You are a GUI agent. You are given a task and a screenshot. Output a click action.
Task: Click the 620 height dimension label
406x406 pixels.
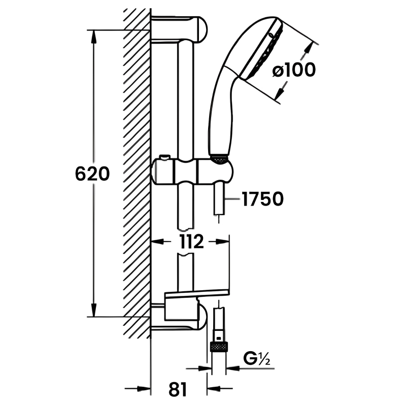(x=92, y=174)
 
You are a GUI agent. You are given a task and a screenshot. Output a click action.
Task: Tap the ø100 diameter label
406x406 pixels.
(x=293, y=71)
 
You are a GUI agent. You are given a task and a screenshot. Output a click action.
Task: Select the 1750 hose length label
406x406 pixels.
(x=262, y=199)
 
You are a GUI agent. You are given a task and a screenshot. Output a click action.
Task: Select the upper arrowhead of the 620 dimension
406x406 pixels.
(x=93, y=37)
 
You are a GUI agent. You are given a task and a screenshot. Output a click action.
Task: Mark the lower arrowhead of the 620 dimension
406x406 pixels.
(x=93, y=310)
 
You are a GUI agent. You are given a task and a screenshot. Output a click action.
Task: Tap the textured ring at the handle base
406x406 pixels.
(x=219, y=159)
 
